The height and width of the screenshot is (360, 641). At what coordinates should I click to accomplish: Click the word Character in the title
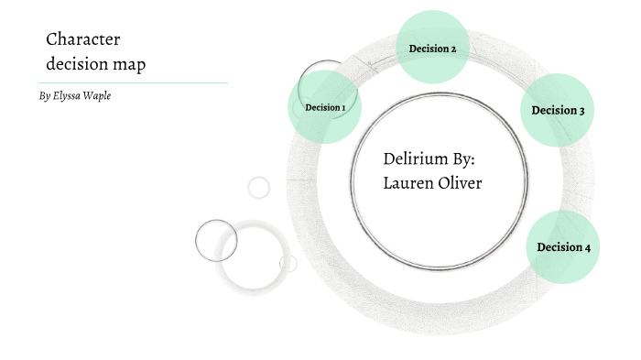click(x=83, y=39)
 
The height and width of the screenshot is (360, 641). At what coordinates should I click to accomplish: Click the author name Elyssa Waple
click(x=83, y=95)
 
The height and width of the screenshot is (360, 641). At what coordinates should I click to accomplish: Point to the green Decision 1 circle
click(x=324, y=107)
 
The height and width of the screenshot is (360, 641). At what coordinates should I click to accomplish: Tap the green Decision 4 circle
click(x=563, y=247)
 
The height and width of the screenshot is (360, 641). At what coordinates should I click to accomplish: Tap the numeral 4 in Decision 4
click(x=587, y=247)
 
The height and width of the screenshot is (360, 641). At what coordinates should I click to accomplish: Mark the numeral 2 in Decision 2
click(x=452, y=49)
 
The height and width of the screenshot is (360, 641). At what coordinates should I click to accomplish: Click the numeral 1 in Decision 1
click(x=343, y=108)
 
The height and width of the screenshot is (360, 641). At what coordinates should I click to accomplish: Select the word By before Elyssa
click(x=45, y=95)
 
